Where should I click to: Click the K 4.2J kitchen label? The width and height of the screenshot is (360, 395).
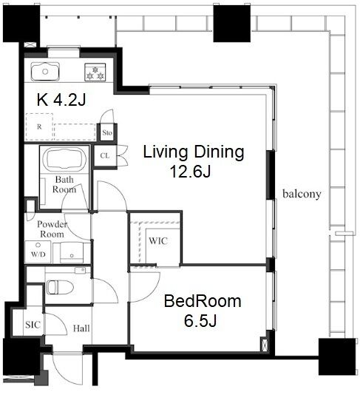point(61,100)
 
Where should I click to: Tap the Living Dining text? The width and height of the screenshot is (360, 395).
point(194,152)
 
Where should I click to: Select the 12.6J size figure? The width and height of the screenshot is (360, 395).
point(190,172)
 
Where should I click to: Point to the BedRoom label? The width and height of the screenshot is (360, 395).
point(203,301)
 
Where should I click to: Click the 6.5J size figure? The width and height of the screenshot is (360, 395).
point(200,321)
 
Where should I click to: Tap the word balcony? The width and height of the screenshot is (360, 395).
point(302,194)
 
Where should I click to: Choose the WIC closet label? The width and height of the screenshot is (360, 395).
point(158,241)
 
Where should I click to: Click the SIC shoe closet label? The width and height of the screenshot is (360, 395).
point(33,325)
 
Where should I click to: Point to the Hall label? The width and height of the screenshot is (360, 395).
point(81,328)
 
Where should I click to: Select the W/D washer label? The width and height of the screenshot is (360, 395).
point(38,254)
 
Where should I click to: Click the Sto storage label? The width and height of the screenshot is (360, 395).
point(107,132)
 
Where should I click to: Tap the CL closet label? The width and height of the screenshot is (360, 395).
point(105,155)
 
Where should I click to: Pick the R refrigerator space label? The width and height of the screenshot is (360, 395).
point(39,126)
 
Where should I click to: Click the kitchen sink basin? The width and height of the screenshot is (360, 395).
point(45,72)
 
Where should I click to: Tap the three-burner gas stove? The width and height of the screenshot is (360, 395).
point(95,72)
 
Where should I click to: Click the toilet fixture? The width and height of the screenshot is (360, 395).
point(60,287)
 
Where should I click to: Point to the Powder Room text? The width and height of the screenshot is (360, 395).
point(52,229)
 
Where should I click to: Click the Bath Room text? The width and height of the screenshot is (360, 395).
point(64,184)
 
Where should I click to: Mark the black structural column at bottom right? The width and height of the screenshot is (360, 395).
point(337,357)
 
